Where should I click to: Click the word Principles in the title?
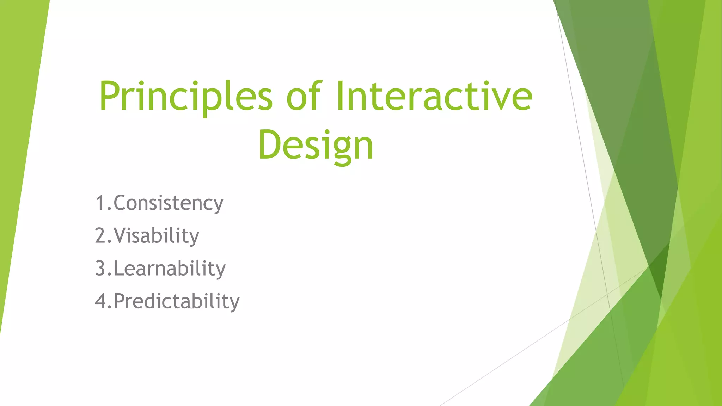186,97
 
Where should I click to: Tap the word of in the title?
304,96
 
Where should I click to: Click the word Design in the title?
316,145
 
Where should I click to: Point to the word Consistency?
168,203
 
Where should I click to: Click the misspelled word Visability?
156,236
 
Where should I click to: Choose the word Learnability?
169,269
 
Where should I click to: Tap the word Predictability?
176,301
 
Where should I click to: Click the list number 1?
100,203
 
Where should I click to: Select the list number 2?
100,236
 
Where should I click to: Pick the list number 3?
100,269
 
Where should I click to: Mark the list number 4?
100,301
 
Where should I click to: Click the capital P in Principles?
110,96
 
